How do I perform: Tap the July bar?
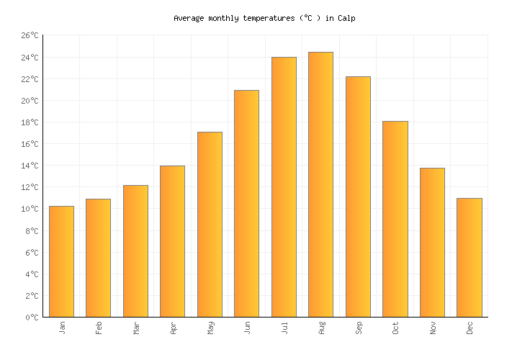coord(284,186)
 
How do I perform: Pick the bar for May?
coord(210,224)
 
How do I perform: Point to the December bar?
coord(469,257)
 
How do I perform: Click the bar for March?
coord(135,251)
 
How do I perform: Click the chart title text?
coord(264,18)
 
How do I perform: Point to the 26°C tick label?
coord(30,35)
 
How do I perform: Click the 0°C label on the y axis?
coord(32,318)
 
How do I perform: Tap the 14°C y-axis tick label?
coord(30,166)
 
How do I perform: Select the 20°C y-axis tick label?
coord(30,101)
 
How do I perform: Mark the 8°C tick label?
coord(32,231)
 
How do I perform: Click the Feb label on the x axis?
coord(99,328)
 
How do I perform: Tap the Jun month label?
coord(247,328)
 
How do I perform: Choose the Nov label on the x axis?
coord(432,328)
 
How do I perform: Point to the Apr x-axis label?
coord(173,328)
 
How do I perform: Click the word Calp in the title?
coord(346,18)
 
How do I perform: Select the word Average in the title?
coord(189,18)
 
